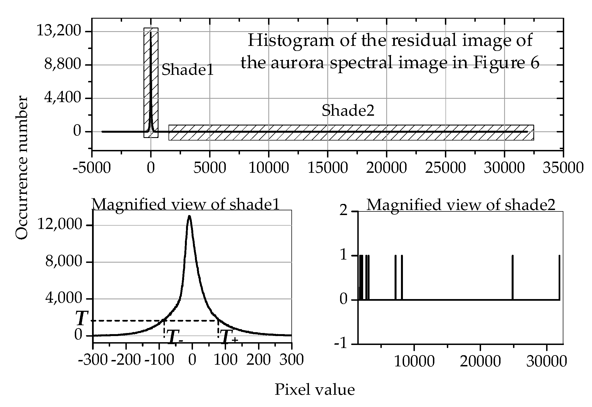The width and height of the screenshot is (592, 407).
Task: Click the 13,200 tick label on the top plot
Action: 59,31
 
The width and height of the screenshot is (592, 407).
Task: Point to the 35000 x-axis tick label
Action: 563,168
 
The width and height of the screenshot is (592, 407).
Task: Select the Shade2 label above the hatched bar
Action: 348,110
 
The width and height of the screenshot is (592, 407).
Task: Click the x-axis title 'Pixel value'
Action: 314,389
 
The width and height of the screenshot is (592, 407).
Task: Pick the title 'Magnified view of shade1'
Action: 185,205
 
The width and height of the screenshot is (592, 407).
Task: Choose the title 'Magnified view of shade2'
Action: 461,205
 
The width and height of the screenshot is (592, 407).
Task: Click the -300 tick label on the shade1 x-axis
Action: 93,360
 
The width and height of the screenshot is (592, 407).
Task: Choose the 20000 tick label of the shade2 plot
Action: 480,362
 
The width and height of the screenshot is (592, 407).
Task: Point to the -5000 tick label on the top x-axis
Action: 92,168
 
